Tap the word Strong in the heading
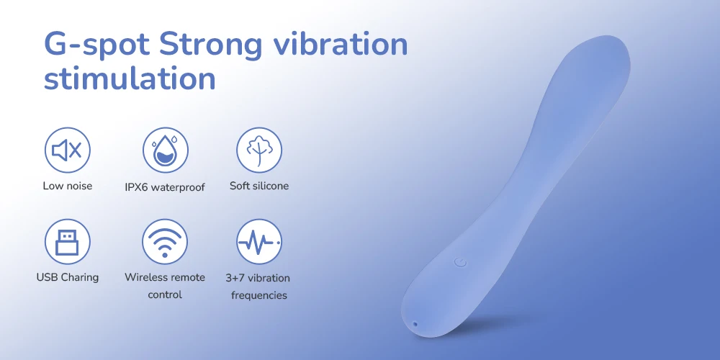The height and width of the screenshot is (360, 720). pyautogui.click(x=210, y=45)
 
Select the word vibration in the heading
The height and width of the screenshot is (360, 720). pyautogui.click(x=340, y=44)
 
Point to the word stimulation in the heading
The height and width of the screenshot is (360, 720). pyautogui.click(x=130, y=78)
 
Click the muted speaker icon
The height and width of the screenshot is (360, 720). pyautogui.click(x=68, y=150)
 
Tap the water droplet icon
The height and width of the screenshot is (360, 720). pyautogui.click(x=166, y=150)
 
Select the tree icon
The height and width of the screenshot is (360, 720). pyautogui.click(x=259, y=150)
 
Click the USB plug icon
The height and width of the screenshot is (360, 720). pyautogui.click(x=68, y=241)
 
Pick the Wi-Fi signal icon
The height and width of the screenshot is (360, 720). pyautogui.click(x=165, y=241)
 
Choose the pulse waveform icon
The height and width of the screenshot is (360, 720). pyautogui.click(x=259, y=241)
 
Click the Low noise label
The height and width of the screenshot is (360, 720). pyautogui.click(x=68, y=186)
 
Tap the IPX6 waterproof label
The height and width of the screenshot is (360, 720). pyautogui.click(x=165, y=187)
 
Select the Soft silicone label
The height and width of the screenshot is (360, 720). pyautogui.click(x=259, y=186)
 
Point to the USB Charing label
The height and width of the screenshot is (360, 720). pyautogui.click(x=68, y=277)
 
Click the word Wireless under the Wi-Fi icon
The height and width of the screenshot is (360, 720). pyautogui.click(x=145, y=277)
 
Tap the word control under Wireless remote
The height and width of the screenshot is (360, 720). pyautogui.click(x=165, y=294)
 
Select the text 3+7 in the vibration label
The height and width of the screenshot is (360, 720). pyautogui.click(x=235, y=278)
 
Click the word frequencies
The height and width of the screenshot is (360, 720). pyautogui.click(x=259, y=295)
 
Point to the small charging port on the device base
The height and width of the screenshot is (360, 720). pyautogui.click(x=415, y=324)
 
